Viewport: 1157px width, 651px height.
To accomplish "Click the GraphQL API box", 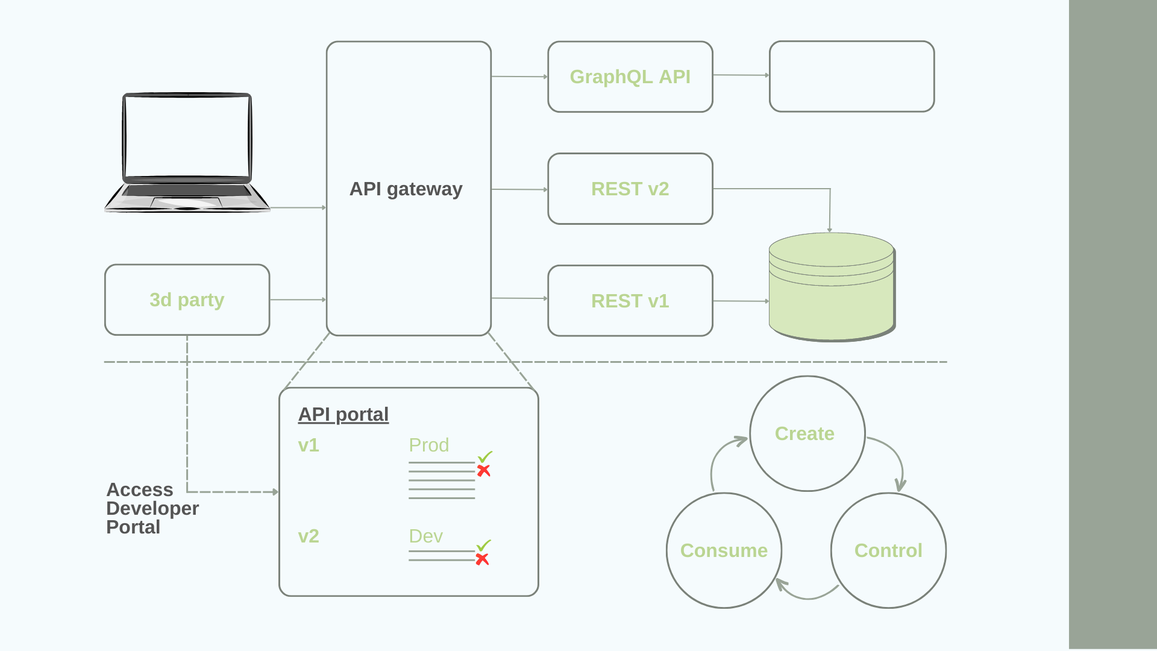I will click(630, 77).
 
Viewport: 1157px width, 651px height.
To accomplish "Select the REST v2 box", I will click(630, 189).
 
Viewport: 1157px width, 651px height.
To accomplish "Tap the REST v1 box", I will click(630, 301).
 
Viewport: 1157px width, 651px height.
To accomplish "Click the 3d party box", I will click(187, 300).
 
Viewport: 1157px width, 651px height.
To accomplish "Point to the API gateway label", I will click(406, 189).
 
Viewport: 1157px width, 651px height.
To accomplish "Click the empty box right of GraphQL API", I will click(851, 77).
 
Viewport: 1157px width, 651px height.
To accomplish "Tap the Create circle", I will click(807, 433).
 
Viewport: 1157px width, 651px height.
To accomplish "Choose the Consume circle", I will click(724, 550).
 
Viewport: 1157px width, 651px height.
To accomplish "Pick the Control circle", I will click(888, 550).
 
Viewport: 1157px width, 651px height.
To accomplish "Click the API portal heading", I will click(343, 414).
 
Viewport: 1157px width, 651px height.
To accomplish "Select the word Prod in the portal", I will click(428, 445).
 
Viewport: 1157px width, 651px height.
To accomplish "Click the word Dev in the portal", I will click(425, 536).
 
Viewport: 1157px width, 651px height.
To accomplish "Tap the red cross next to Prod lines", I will click(483, 471).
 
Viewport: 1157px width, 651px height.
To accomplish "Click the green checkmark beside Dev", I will click(484, 545).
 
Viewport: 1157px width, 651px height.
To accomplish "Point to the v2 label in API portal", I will click(309, 536).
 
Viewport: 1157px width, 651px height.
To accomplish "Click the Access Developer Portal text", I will click(152, 508).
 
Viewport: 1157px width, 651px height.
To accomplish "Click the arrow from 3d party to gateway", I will click(298, 300).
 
